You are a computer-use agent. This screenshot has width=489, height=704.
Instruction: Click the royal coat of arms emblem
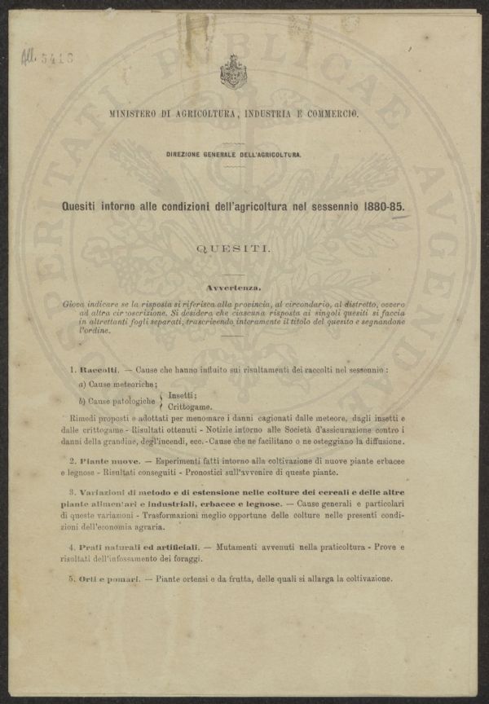tap(234, 72)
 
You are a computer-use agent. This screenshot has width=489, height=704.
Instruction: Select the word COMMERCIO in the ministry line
tap(332, 114)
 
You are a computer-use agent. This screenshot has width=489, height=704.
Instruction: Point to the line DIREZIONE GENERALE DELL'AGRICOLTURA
tap(234, 154)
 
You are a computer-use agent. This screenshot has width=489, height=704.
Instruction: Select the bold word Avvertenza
tap(234, 288)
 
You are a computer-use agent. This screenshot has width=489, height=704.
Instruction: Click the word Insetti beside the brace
tap(181, 395)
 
